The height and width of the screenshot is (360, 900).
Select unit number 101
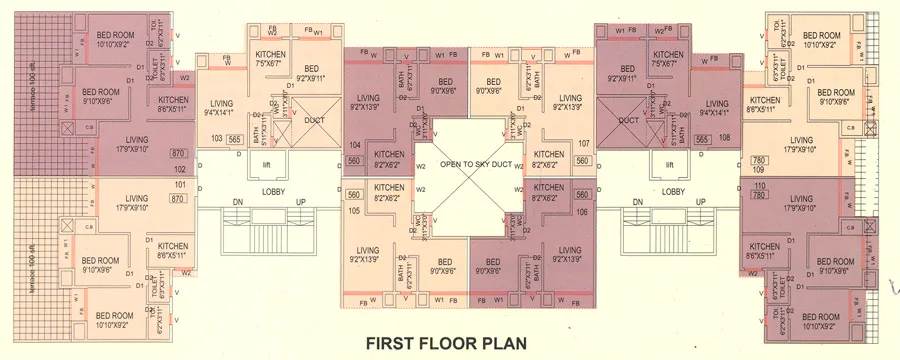[180, 185]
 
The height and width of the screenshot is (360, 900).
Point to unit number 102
[180, 170]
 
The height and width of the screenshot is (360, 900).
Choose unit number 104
[352, 145]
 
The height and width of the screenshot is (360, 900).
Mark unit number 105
[352, 211]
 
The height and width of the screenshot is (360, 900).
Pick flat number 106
[584, 211]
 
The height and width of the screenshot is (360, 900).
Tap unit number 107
[584, 143]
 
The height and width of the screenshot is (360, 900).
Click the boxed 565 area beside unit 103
[236, 140]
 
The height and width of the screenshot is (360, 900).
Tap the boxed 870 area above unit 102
[180, 154]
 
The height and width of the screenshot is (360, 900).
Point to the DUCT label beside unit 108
[628, 120]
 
